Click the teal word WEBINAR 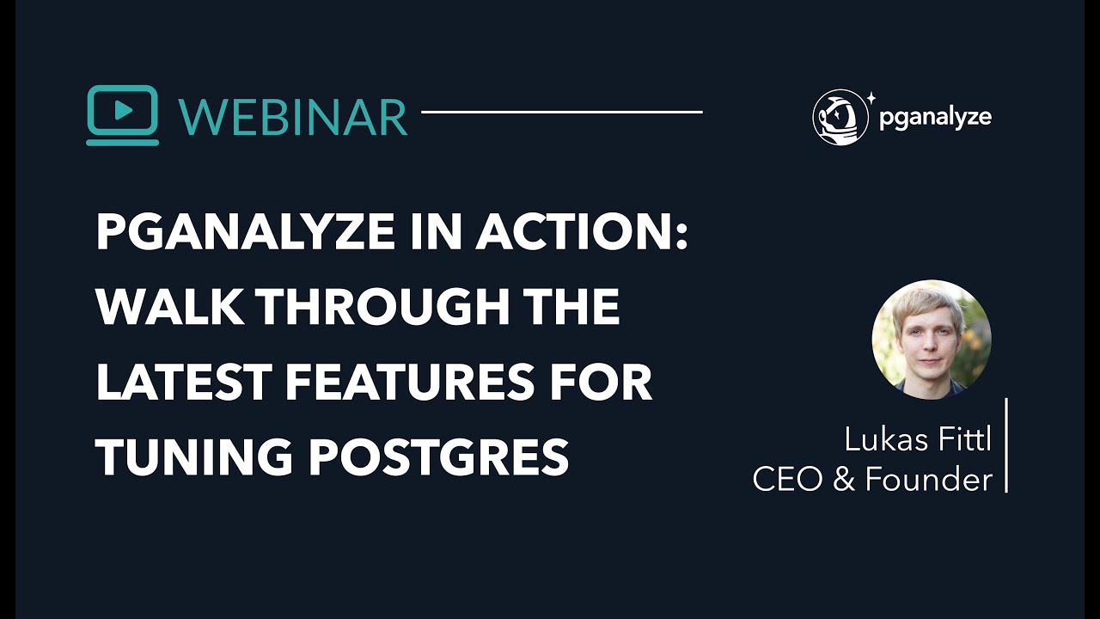click(293, 116)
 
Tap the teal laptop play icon click(123, 115)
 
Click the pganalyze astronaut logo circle click(840, 117)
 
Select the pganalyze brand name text click(935, 118)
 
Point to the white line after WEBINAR click(561, 112)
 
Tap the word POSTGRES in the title click(438, 457)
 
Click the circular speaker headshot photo click(932, 339)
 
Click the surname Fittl click(961, 440)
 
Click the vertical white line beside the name click(1005, 445)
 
